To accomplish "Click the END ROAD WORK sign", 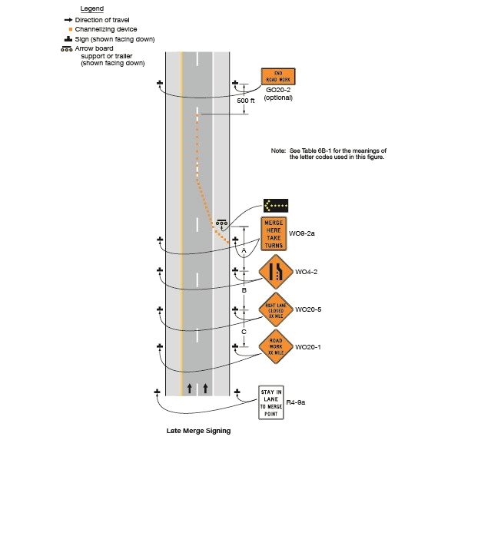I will coord(278,77).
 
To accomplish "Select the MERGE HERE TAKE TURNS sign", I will coord(274,234).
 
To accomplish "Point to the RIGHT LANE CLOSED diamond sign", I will coord(275,311).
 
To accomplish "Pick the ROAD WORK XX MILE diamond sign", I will coord(275,347).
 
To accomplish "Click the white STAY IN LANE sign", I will coord(271,402).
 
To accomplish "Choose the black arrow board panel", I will coord(276,206).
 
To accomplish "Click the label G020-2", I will coord(278,91).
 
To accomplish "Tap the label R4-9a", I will coord(296,402).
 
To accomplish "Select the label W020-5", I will coord(308,310).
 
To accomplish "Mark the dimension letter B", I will coord(244,290).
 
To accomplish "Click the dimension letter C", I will coord(244,331).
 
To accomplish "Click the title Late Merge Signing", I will coord(198,431).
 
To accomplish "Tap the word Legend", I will coord(92,8).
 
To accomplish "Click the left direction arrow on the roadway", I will coord(190,389).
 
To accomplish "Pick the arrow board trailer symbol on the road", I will coord(221,223).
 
